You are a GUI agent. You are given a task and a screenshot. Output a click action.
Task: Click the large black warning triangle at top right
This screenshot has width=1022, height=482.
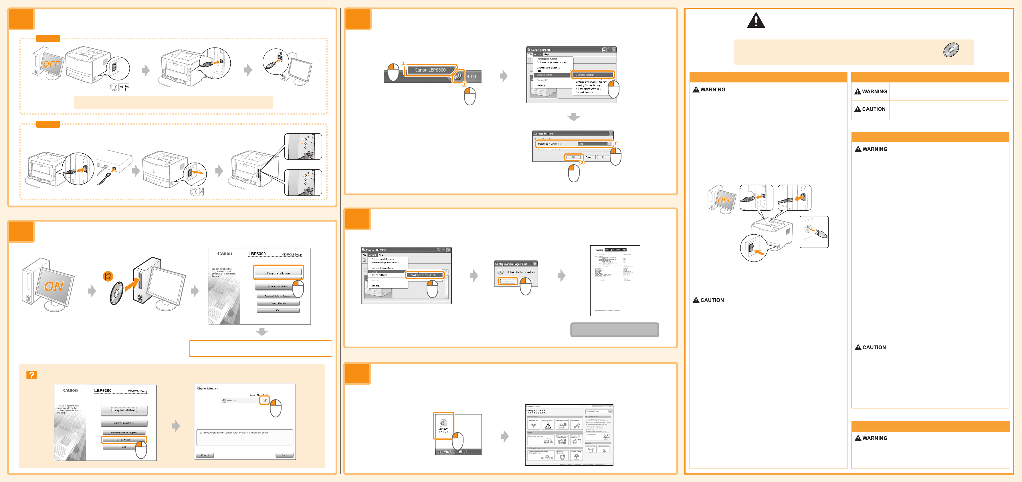tap(756, 20)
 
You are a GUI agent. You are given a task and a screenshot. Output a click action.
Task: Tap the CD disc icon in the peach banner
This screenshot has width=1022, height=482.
tap(951, 50)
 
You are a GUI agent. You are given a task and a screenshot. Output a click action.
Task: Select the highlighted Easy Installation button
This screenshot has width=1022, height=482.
tap(278, 273)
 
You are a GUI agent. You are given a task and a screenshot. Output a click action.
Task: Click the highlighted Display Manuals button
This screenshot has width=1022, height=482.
tap(124, 440)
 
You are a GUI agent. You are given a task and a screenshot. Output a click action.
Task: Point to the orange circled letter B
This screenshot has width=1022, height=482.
tap(108, 276)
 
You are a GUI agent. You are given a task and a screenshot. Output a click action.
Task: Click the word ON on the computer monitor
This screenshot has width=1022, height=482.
tap(54, 286)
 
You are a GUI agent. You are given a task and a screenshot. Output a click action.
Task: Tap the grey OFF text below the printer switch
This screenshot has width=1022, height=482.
tap(119, 87)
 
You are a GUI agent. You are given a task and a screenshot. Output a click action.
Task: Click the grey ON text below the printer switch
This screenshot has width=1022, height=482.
tap(197, 192)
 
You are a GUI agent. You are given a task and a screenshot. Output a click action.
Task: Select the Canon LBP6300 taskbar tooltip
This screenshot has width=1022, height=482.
tap(430, 70)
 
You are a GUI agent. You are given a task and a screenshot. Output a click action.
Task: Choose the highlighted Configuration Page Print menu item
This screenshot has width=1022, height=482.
tap(424, 275)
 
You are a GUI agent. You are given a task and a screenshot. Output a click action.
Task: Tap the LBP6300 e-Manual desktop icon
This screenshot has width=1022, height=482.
tap(443, 426)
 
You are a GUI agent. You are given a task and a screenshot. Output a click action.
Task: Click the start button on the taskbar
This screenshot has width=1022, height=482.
tap(445, 452)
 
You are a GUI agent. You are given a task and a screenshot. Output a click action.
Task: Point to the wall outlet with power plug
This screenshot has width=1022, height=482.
tap(813, 232)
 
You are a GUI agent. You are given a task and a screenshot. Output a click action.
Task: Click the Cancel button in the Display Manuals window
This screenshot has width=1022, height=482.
tap(205, 455)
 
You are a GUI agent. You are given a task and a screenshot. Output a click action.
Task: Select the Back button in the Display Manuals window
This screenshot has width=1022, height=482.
tap(284, 455)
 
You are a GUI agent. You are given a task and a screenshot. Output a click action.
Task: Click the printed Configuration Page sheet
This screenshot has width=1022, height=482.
tap(615, 280)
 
